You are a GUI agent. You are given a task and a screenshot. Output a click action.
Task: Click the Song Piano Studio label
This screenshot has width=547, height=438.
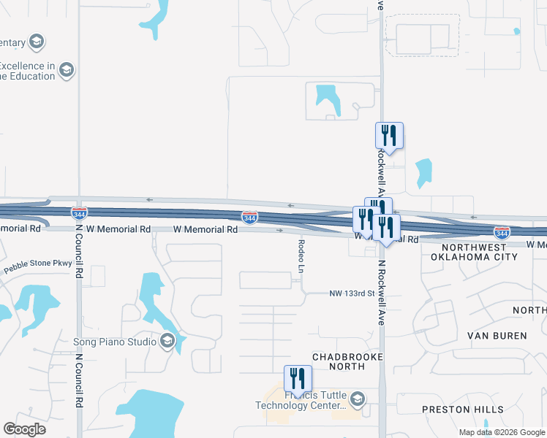click(x=116, y=342)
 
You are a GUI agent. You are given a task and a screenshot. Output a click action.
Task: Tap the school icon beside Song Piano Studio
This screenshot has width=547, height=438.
click(x=167, y=341)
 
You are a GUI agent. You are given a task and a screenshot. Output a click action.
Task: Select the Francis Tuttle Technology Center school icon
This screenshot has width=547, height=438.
click(x=358, y=399)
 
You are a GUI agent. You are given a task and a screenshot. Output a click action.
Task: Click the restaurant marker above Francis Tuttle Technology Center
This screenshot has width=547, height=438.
click(x=298, y=379)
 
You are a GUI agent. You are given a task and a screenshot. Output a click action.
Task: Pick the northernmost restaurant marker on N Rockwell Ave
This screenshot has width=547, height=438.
click(x=389, y=135)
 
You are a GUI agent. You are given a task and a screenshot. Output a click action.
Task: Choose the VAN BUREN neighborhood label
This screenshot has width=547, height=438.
click(x=497, y=336)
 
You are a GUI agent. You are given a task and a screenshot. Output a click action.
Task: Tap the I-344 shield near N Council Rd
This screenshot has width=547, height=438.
click(x=80, y=213)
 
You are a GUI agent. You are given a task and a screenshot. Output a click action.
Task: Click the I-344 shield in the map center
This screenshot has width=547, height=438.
click(x=249, y=218)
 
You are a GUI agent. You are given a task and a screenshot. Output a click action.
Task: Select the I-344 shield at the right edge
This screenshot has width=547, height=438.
click(x=502, y=232)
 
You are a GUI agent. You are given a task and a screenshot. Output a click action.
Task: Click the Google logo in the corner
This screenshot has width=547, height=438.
click(x=24, y=429)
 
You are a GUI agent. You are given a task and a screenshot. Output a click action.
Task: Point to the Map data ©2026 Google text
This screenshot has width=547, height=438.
click(x=502, y=432)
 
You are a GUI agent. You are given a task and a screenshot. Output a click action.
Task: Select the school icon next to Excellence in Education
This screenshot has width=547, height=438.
click(x=67, y=70)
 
